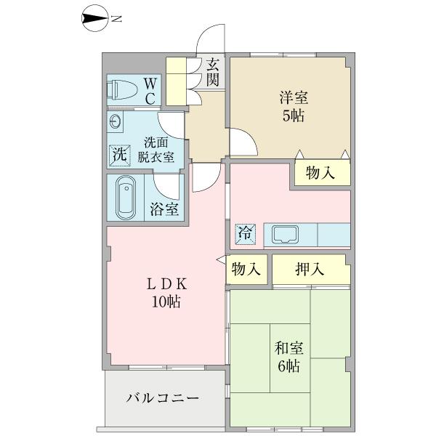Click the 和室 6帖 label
point(290,357)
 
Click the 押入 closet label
point(310,270)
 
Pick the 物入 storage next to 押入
point(246,270)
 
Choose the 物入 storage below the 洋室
point(320,173)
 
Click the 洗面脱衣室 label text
point(158,148)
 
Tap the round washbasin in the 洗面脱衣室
point(116,121)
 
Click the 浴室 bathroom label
point(165,210)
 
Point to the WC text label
point(148,90)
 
